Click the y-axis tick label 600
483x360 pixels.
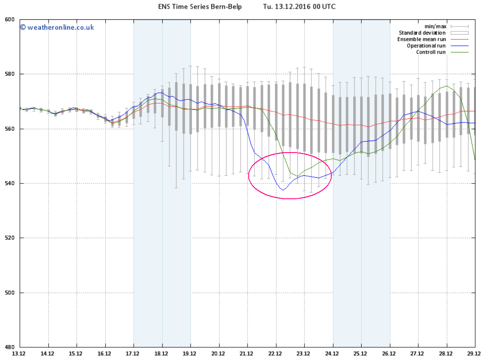10,19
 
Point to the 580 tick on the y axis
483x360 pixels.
10,74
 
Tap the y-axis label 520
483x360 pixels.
10,238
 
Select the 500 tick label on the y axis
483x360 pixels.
10,293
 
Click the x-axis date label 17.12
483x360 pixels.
133,354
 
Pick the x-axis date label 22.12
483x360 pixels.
276,354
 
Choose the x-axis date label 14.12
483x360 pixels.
48,354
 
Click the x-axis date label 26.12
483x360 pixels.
389,354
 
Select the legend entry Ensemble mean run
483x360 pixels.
421,39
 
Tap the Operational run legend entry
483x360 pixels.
426,46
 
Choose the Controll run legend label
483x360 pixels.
431,52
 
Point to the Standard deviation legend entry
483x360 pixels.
422,33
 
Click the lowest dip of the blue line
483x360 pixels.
283,190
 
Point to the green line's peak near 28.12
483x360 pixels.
447,86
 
